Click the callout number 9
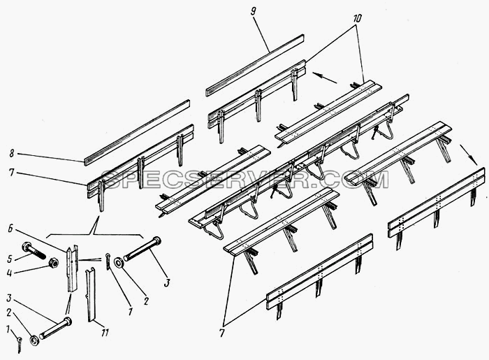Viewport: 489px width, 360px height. (x=253, y=12)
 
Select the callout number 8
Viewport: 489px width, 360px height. (x=12, y=153)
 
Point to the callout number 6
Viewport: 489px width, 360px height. (x=10, y=229)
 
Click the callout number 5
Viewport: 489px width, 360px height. (x=10, y=259)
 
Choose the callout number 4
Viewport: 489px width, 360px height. (x=9, y=273)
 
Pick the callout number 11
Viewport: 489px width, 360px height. (x=105, y=333)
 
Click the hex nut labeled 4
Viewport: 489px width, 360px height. (x=54, y=263)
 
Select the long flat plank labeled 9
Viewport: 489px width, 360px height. (x=255, y=65)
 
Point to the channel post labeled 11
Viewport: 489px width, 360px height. (x=90, y=294)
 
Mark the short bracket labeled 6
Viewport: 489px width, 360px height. (x=73, y=268)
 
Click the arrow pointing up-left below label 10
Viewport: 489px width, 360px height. (x=324, y=78)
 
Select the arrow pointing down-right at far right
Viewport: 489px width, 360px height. (x=468, y=154)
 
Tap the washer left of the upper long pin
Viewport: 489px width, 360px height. (x=119, y=263)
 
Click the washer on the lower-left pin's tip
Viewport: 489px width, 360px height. (x=34, y=340)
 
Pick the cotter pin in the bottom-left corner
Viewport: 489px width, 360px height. (x=20, y=345)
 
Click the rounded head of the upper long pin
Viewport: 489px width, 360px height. (x=157, y=241)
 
